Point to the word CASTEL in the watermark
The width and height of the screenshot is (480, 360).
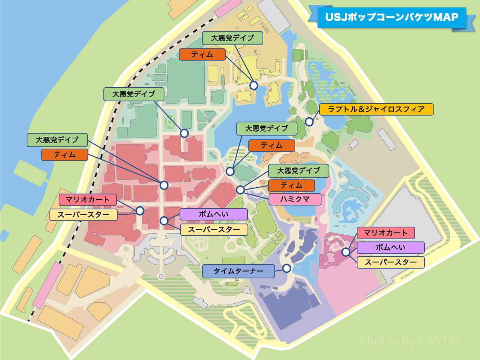(x=440, y=341)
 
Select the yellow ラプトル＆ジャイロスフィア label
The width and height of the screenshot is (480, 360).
(x=376, y=109)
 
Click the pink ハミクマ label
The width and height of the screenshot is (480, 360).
(x=295, y=199)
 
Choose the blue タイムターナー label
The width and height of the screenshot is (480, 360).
(x=238, y=271)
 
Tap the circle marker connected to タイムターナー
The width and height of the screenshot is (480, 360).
(x=286, y=268)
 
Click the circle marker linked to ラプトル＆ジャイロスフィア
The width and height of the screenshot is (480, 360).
(x=309, y=122)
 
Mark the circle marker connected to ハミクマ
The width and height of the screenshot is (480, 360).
(x=240, y=190)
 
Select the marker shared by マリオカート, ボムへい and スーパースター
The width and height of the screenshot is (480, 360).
(x=346, y=252)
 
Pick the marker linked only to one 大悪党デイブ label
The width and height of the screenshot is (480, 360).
(x=184, y=133)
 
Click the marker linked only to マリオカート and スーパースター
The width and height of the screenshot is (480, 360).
(x=140, y=210)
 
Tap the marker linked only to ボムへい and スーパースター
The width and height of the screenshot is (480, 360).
(x=164, y=220)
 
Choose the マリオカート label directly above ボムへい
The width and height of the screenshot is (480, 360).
(x=386, y=233)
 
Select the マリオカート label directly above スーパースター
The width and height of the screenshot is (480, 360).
(x=87, y=200)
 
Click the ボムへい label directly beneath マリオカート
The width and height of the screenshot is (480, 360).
(x=390, y=248)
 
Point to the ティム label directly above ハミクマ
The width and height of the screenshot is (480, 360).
(x=291, y=185)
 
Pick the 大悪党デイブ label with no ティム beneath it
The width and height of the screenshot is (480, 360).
(x=134, y=94)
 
